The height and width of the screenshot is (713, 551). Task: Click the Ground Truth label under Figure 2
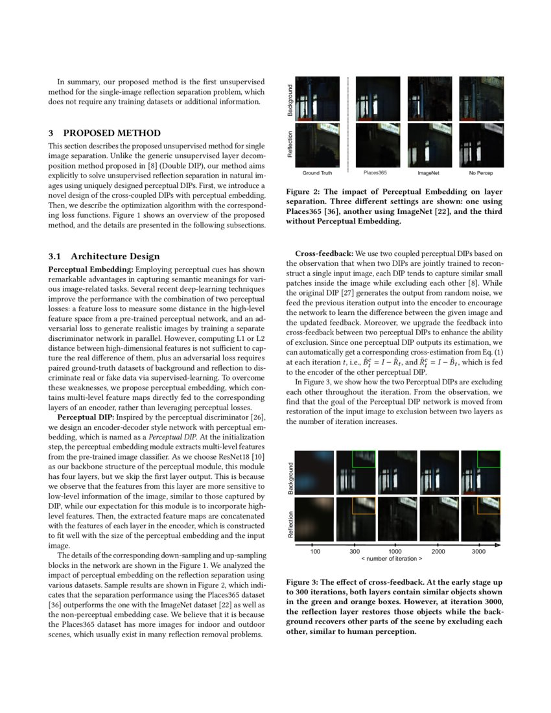[x=318, y=174]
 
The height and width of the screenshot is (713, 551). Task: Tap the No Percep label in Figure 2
[x=480, y=174]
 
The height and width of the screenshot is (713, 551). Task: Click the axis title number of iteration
[x=392, y=558]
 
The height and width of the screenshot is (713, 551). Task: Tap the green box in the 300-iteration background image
[x=363, y=459]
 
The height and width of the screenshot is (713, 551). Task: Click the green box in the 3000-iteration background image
[x=488, y=459]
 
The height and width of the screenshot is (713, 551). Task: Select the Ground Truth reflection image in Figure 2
[x=318, y=145]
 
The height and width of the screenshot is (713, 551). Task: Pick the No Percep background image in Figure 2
[x=482, y=99]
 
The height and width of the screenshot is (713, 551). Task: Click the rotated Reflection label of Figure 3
[x=291, y=520]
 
